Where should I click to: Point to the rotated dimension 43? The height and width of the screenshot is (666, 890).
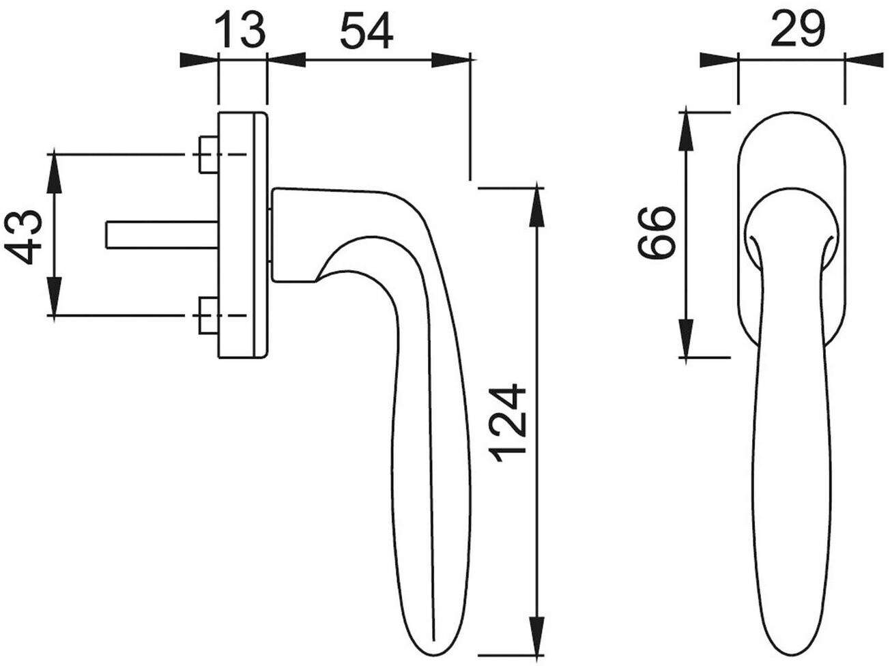click(23, 237)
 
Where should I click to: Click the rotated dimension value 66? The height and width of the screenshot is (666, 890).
click(656, 232)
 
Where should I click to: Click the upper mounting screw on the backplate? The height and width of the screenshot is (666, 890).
click(209, 155)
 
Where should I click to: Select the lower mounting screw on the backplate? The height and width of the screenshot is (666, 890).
click(209, 315)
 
